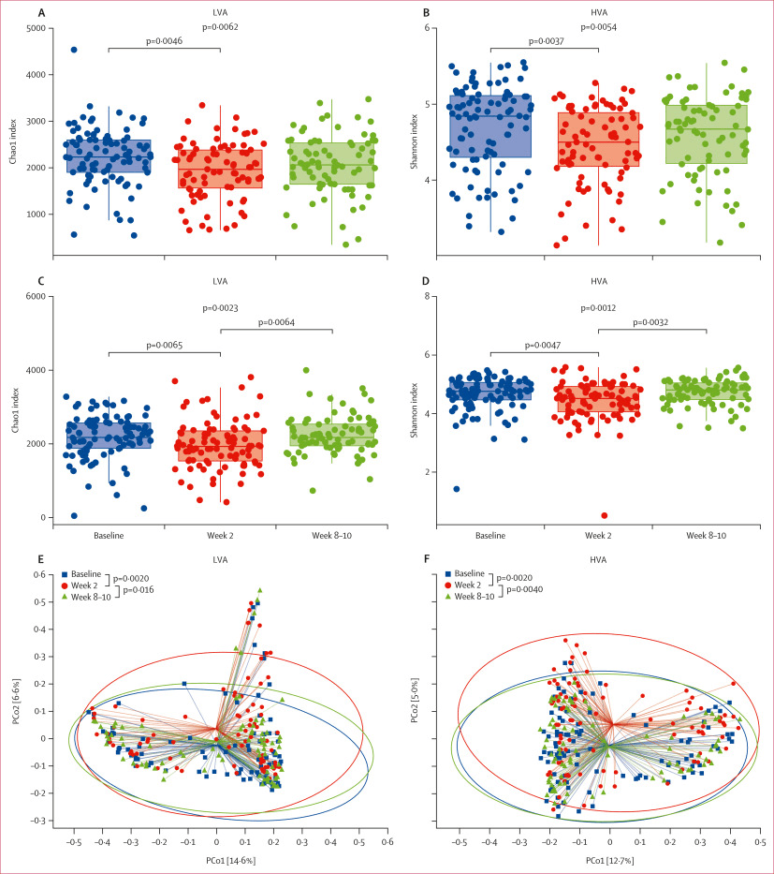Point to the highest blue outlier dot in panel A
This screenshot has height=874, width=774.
click(74, 50)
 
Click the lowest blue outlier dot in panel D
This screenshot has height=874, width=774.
click(456, 489)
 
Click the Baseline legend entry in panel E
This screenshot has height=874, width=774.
click(87, 572)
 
